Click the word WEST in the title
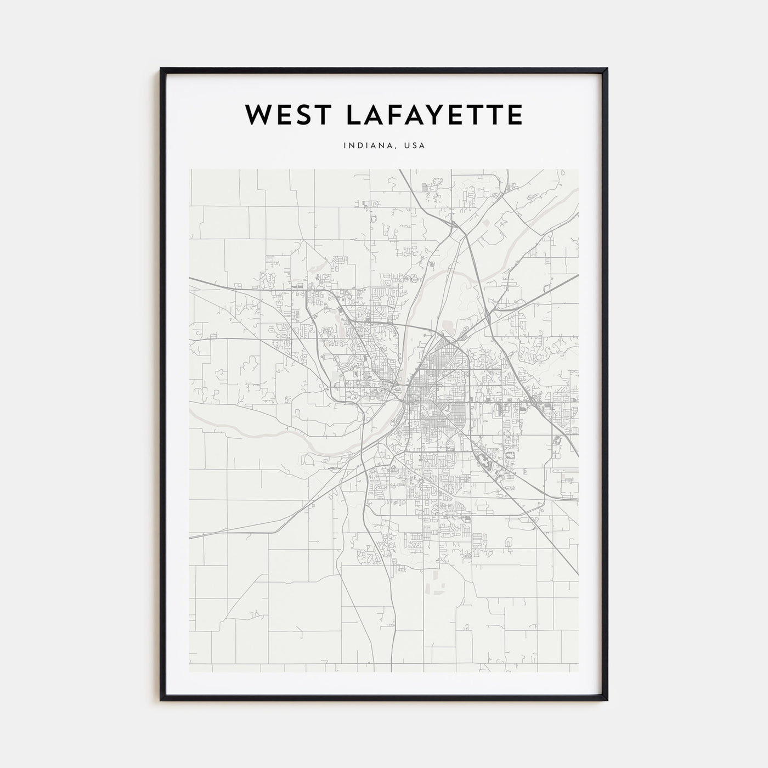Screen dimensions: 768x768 280,115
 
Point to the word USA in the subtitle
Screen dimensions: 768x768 414,146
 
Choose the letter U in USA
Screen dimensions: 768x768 406,146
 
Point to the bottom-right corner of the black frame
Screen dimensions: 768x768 607,700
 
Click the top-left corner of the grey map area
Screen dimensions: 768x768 190,170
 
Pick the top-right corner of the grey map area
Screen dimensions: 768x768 578,170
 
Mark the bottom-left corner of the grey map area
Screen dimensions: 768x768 190,672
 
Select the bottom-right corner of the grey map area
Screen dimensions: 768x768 578,672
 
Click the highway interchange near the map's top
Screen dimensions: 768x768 454,223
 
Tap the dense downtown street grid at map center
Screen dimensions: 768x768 433,406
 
